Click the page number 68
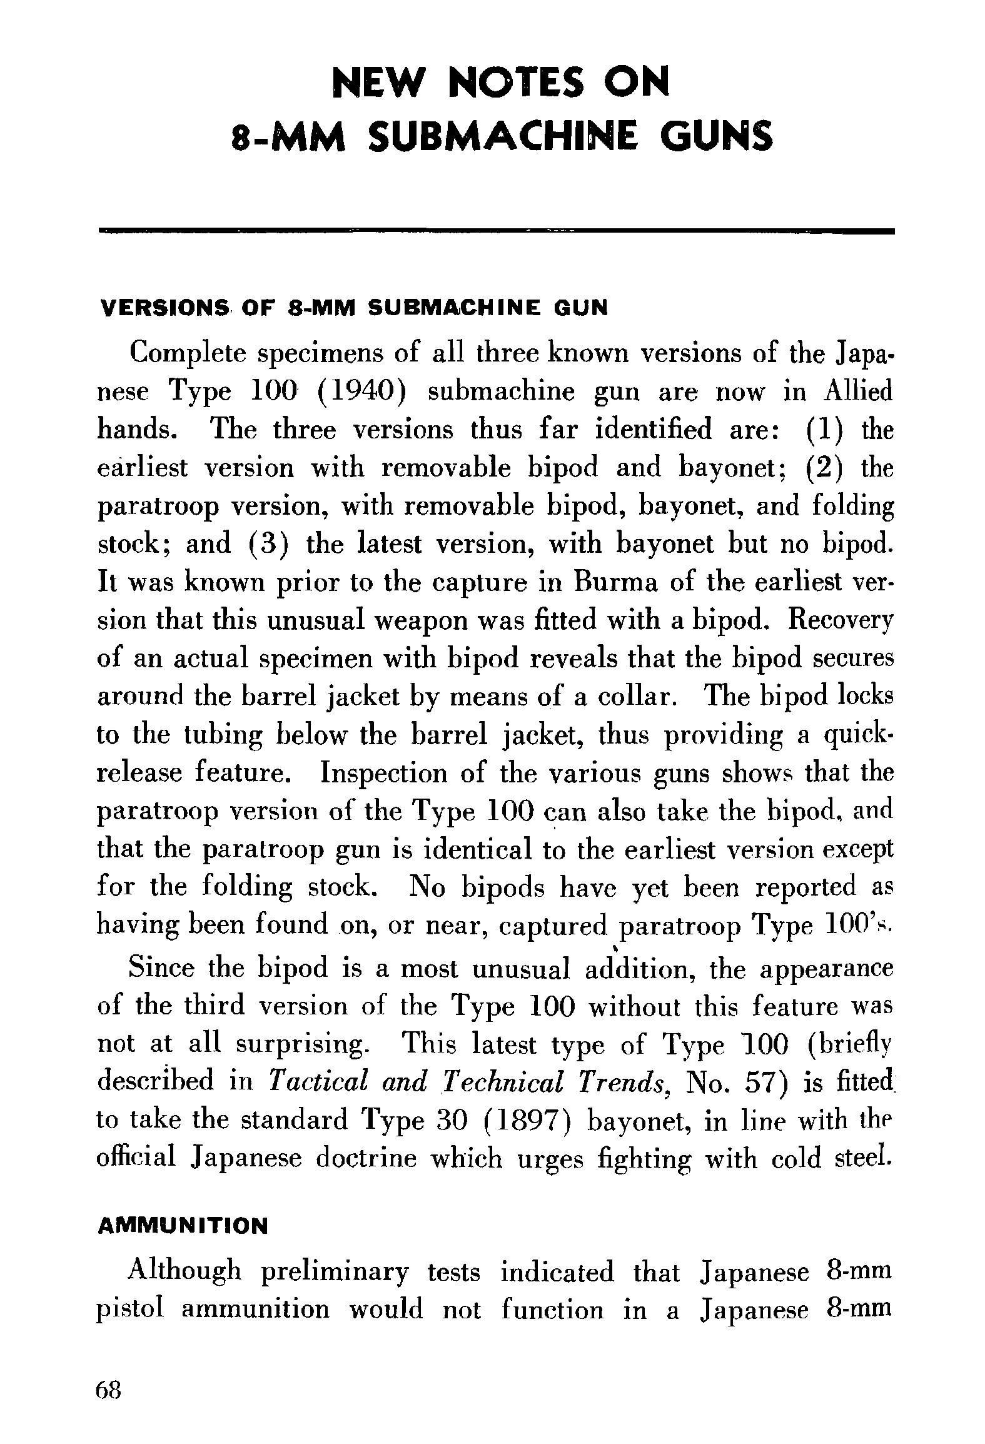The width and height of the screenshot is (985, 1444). click(108, 1391)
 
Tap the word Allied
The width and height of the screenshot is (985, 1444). click(857, 393)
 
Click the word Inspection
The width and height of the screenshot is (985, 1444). click(384, 773)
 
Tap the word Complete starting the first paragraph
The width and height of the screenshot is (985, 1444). click(187, 355)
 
